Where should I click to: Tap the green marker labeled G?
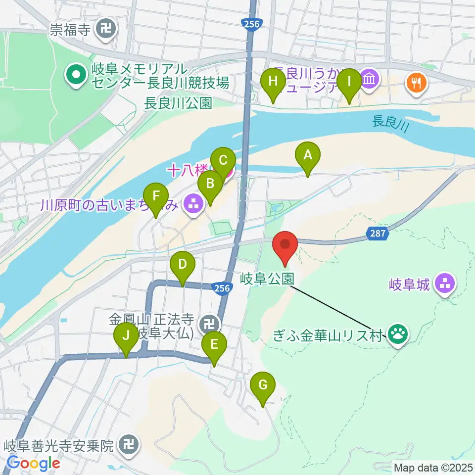pos(263,385)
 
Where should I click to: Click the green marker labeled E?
pos(214,345)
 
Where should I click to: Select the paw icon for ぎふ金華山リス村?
pos(398,334)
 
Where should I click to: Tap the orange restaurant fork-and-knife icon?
pos(414,81)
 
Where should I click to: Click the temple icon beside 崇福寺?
pos(106,30)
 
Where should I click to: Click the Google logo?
pos(33,464)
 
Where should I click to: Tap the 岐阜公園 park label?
pos(268,278)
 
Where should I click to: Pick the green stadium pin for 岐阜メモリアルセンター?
pos(77,76)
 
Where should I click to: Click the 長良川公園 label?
pos(178,103)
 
